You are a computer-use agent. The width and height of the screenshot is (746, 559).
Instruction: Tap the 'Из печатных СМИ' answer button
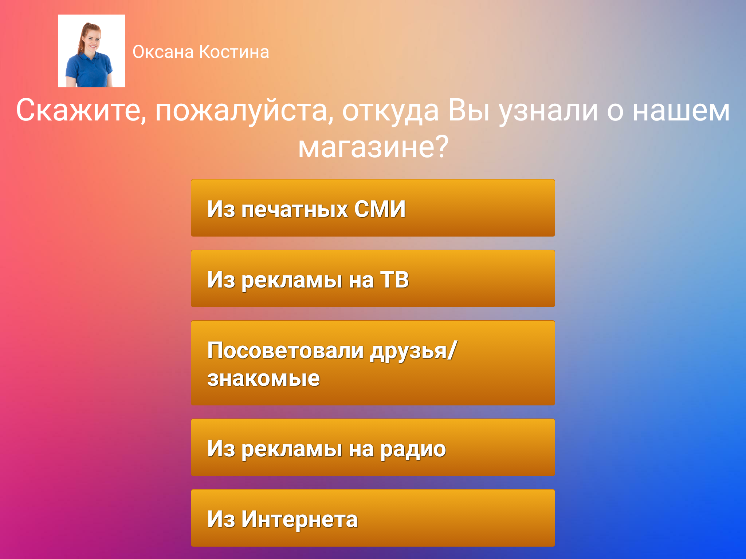click(373, 208)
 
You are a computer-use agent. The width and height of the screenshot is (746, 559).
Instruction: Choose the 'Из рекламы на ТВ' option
click(373, 278)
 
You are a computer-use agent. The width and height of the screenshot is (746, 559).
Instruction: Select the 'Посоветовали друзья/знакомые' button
click(373, 363)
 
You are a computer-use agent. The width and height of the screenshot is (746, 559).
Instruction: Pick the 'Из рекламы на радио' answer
click(373, 447)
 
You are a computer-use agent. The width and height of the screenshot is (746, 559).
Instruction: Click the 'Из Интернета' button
click(373, 518)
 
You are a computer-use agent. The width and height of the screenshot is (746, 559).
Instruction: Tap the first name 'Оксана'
click(163, 52)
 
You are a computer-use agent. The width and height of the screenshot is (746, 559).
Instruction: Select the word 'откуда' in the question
click(390, 111)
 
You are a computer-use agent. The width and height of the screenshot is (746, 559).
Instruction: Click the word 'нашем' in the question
click(681, 111)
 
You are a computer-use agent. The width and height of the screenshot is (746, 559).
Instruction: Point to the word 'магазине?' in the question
click(373, 147)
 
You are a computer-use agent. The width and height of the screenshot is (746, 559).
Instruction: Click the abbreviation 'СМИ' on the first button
click(380, 209)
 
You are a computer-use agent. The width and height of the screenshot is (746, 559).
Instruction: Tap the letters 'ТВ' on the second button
click(394, 280)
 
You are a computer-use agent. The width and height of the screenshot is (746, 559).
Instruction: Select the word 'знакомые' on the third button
click(264, 378)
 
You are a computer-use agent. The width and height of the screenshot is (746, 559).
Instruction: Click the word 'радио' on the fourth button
click(413, 449)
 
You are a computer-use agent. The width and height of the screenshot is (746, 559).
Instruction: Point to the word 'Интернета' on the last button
click(299, 519)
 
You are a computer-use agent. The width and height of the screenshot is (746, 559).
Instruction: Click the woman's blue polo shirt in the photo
click(89, 71)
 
